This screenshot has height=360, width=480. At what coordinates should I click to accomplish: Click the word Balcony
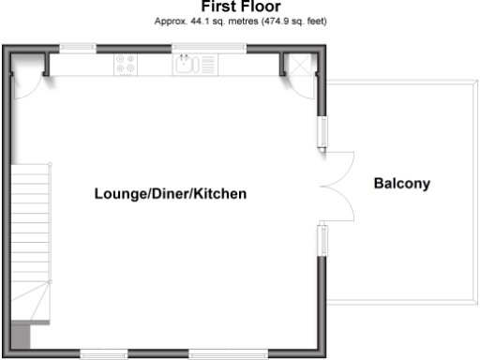(x=401, y=183)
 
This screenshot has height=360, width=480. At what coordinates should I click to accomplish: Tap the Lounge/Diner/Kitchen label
(x=170, y=194)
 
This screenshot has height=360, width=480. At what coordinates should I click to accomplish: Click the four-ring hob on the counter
(x=125, y=64)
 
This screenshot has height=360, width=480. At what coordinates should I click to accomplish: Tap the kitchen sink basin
(x=184, y=64)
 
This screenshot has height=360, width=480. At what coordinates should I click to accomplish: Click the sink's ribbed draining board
(x=206, y=65)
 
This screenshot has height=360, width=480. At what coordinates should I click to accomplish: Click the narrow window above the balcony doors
(x=322, y=130)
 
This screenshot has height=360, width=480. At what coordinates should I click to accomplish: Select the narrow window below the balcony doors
(x=322, y=239)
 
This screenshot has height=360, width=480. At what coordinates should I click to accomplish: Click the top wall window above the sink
(x=208, y=47)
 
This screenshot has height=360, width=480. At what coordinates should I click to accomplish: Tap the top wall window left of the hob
(x=76, y=47)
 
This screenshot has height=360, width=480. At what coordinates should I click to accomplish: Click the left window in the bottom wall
(x=104, y=353)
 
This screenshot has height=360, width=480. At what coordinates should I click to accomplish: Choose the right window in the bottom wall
(x=225, y=353)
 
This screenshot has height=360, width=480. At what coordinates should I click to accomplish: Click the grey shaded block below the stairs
(x=21, y=335)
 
